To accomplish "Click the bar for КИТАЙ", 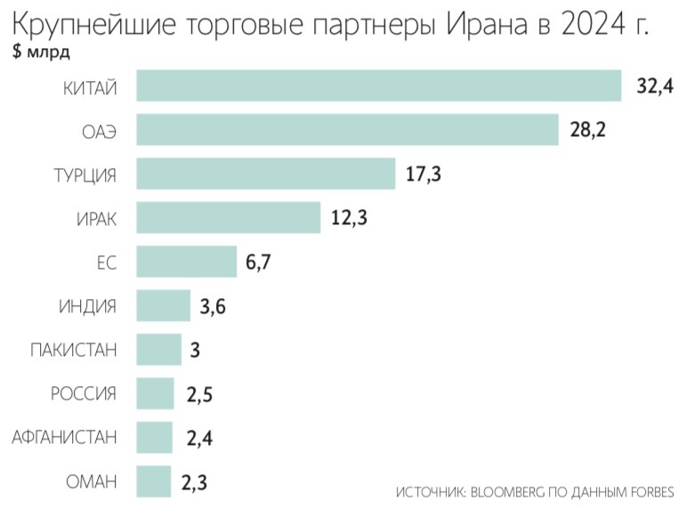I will [378, 86].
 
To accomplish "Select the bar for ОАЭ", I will [347, 130].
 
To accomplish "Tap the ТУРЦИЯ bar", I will [265, 174].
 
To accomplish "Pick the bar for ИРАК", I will [228, 217].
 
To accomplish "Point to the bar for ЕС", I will [186, 261].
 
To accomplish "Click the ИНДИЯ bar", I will [163, 305].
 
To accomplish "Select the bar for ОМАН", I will [153, 481].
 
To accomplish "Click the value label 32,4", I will [655, 86].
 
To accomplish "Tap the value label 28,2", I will [587, 131].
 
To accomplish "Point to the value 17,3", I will [424, 174].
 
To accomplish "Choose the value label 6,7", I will [258, 262].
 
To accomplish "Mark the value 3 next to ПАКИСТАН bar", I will [195, 350].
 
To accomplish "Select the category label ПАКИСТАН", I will [73, 350].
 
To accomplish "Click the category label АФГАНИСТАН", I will [64, 438].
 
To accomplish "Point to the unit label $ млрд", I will [43, 52].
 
